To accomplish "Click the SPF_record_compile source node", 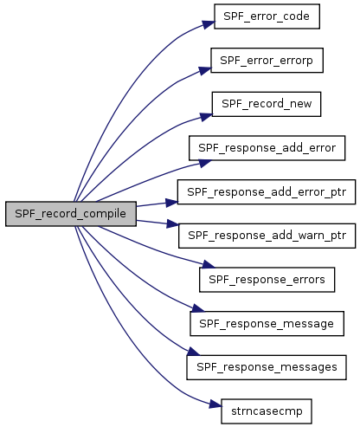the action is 71,214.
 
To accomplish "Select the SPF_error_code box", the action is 267,16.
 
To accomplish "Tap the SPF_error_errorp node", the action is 267,61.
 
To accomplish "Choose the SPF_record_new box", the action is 267,104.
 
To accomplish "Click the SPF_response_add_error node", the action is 267,148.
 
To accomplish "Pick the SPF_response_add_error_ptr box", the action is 267,192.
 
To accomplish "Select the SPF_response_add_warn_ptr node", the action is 267,236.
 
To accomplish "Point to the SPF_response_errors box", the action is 267,280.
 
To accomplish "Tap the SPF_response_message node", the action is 267,323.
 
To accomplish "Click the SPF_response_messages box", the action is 267,367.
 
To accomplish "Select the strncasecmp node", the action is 267,411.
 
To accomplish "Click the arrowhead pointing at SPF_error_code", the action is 209,24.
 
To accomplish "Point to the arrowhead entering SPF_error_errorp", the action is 205,70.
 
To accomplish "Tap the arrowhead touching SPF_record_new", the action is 206,117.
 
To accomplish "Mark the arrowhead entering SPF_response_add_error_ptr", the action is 171,202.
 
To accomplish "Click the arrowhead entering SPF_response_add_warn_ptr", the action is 172,223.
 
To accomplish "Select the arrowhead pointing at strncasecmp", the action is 215,404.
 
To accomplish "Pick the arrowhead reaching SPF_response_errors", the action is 209,264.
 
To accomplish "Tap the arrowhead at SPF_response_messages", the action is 193,352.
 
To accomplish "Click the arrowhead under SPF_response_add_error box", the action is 205,164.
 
